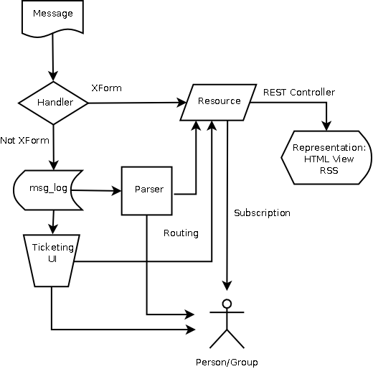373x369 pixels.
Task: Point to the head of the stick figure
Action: pos(227,304)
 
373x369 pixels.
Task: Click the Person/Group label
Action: pos(227,363)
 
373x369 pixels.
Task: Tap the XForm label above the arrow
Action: pos(107,88)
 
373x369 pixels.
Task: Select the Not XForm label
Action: pos(24,140)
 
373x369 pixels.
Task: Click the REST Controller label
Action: pos(299,92)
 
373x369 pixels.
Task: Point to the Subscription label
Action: pos(262,212)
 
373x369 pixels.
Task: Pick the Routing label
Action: pos(181,233)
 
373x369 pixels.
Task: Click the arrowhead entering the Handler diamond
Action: pos(53,76)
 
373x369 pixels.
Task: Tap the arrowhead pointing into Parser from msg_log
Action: pos(116,191)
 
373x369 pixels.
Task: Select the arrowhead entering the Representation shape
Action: pos(326,126)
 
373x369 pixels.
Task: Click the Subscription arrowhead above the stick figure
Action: pos(227,286)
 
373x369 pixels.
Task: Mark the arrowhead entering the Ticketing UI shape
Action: pos(53,229)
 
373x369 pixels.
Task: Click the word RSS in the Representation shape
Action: pos(329,171)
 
